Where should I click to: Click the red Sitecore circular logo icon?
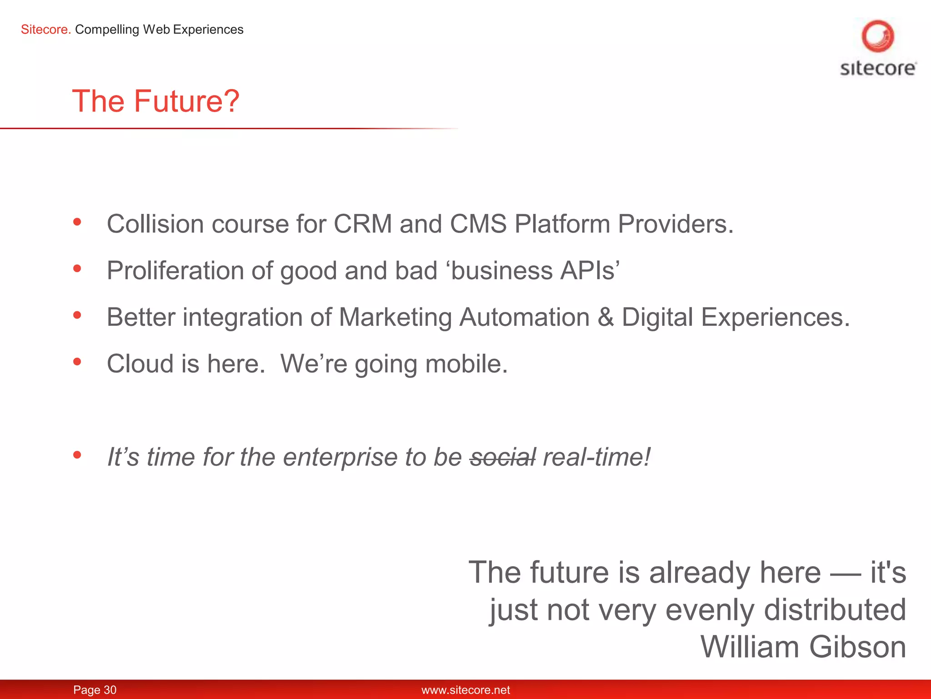coord(877,36)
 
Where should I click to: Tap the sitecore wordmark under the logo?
coord(878,68)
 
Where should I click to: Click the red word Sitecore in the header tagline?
coord(45,30)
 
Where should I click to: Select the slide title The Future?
coord(155,101)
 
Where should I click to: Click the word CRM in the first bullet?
coord(363,224)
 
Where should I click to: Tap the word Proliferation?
coord(175,271)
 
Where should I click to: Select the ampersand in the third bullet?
coord(606,317)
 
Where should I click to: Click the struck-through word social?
coord(503,457)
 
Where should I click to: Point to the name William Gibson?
coord(803,647)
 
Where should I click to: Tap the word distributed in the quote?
coord(835,610)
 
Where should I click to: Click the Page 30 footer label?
coord(95,690)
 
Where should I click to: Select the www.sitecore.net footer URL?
coord(465,690)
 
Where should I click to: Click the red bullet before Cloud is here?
coord(77,362)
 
